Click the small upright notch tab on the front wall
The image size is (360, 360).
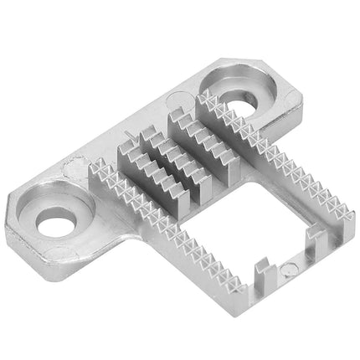262,273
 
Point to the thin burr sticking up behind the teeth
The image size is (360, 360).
126,139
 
